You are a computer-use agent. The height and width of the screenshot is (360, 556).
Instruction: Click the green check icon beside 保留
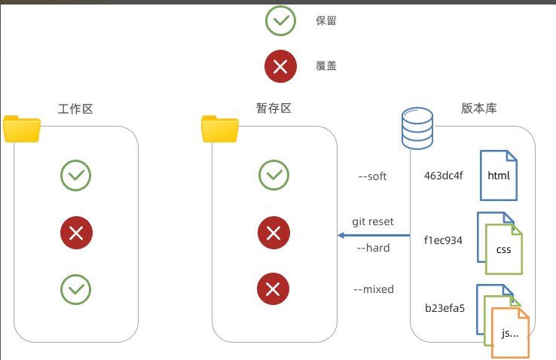(280, 21)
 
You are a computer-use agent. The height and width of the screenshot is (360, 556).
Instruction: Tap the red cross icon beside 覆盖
(280, 66)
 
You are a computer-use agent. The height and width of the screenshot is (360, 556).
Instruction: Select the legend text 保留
(326, 21)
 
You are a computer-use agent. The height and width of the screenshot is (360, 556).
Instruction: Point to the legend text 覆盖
(326, 66)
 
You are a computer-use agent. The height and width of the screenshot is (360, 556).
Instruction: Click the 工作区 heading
(75, 108)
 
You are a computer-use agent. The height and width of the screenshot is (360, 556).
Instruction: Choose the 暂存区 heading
(273, 108)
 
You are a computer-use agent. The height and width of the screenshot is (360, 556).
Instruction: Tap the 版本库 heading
(478, 108)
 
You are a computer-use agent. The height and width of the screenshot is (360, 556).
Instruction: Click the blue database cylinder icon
(417, 128)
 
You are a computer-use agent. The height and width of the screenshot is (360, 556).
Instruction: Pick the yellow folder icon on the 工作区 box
(22, 129)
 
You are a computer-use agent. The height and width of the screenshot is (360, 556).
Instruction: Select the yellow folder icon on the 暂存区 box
(220, 129)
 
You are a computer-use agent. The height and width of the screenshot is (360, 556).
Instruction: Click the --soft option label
(372, 176)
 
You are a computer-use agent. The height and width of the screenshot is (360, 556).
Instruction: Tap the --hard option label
(373, 248)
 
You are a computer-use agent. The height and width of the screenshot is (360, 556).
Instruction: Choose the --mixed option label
(374, 289)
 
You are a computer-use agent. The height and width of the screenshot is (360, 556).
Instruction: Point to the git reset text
(373, 221)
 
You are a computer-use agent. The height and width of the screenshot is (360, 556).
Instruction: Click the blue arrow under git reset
(374, 235)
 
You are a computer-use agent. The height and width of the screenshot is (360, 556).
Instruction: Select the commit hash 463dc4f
(443, 175)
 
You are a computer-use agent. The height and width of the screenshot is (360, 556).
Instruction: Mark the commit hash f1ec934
(443, 240)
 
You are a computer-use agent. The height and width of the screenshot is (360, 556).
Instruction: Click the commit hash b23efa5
(444, 308)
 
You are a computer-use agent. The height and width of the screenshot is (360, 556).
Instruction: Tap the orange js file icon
(510, 333)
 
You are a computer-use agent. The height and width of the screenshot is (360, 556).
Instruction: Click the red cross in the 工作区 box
(76, 233)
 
